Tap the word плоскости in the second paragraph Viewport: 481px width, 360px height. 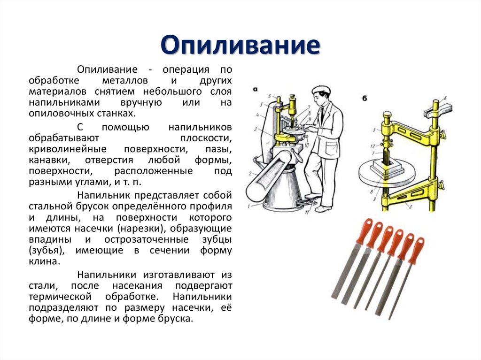(x=206, y=138)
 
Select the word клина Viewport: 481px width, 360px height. (x=44, y=261)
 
